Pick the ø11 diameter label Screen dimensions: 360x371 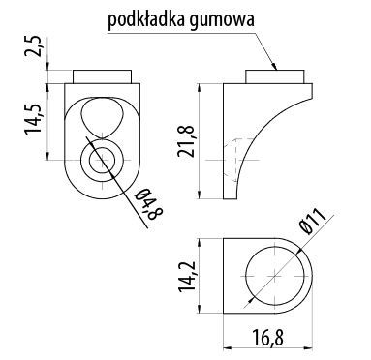323,230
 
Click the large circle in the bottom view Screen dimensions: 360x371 274,276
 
